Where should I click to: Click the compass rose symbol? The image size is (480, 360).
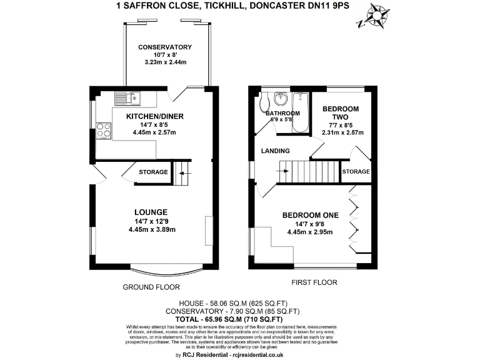pyautogui.click(x=377, y=16)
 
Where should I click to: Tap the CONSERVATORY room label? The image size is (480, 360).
pyautogui.click(x=164, y=47)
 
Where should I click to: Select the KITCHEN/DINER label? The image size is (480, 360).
pyautogui.click(x=155, y=116)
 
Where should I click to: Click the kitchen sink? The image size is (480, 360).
pyautogui.click(x=128, y=97)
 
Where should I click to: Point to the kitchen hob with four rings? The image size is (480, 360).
pyautogui.click(x=104, y=131)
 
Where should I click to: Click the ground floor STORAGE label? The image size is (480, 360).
pyautogui.click(x=153, y=172)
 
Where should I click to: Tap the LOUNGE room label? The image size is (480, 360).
pyautogui.click(x=150, y=211)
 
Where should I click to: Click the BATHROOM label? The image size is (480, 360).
pyautogui.click(x=282, y=114)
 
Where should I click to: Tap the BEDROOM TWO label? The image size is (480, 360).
pyautogui.click(x=341, y=113)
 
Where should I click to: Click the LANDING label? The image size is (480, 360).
pyautogui.click(x=276, y=151)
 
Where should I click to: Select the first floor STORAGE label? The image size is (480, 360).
pyautogui.click(x=356, y=172)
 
